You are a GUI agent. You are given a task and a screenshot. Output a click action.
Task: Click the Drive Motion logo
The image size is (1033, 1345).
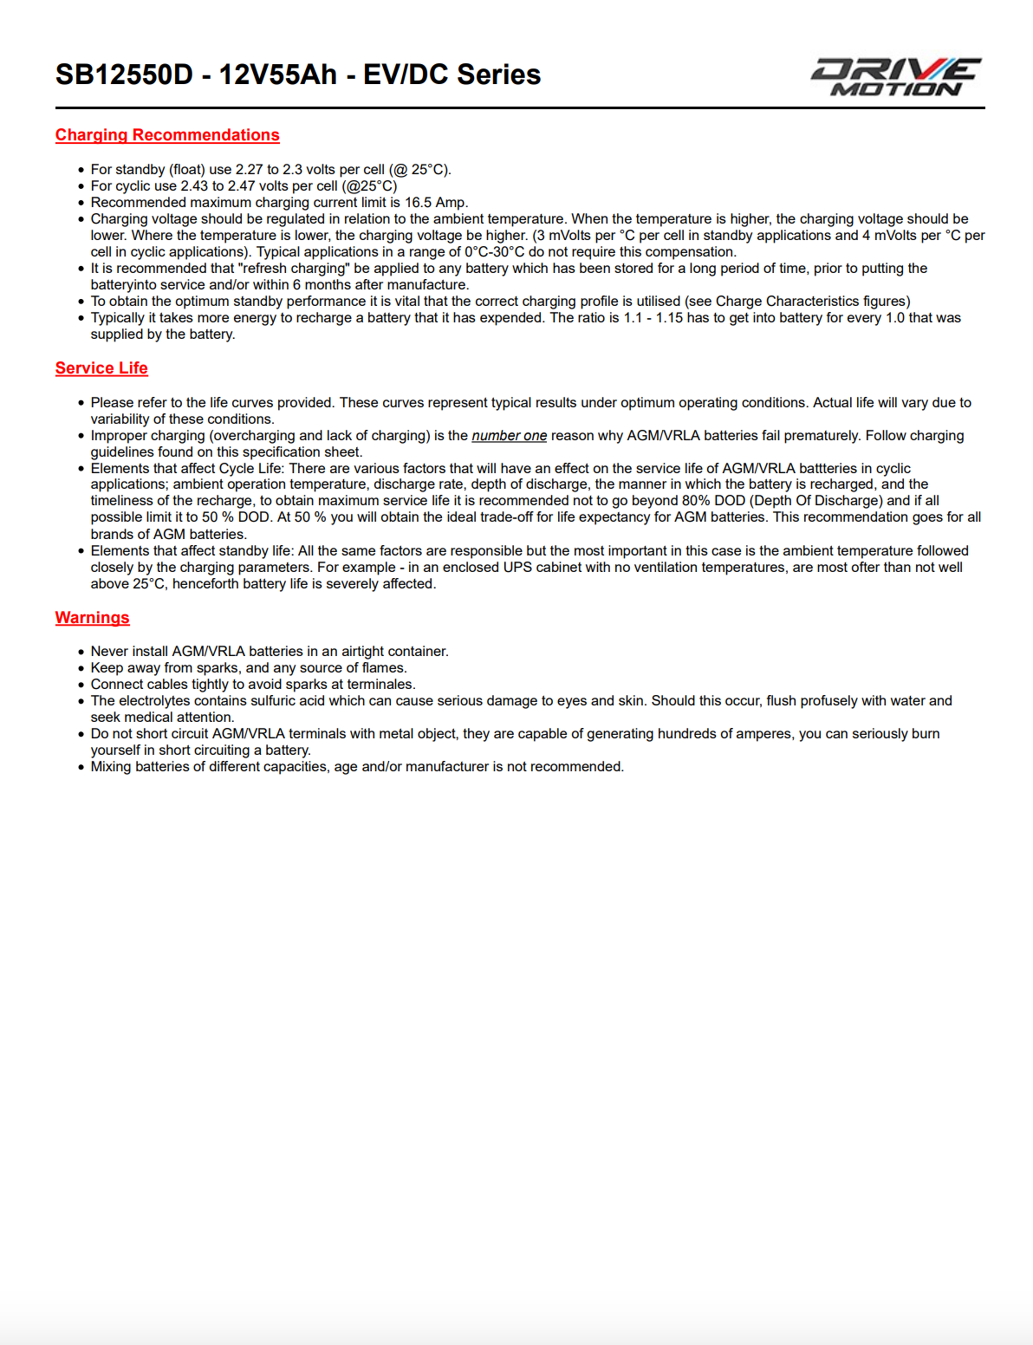click(895, 76)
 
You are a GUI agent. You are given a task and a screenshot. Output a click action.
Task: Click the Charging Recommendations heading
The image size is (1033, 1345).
click(167, 135)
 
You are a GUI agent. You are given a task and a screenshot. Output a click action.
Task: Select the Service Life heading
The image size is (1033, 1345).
click(101, 368)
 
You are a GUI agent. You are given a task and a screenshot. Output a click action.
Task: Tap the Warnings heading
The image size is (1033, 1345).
click(92, 618)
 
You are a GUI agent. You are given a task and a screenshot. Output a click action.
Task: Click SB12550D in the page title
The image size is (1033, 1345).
click(124, 75)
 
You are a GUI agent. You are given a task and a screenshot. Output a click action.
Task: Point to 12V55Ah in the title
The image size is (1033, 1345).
click(277, 75)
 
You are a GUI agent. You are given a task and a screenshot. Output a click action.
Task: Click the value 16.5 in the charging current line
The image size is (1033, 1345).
click(418, 203)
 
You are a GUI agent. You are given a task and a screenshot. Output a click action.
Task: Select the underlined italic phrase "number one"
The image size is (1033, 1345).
click(509, 436)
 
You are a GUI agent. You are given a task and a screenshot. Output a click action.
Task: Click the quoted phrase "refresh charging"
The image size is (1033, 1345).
click(294, 269)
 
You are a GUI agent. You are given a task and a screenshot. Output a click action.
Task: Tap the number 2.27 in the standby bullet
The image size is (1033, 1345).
click(249, 170)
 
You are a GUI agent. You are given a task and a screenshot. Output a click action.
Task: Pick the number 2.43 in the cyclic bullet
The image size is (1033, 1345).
click(194, 186)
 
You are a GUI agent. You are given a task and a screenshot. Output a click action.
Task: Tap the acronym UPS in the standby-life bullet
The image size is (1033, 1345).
click(517, 568)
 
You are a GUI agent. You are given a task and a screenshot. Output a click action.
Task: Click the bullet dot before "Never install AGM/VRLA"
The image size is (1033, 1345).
click(81, 652)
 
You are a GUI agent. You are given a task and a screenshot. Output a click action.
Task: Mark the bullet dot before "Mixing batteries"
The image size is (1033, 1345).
click(81, 767)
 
